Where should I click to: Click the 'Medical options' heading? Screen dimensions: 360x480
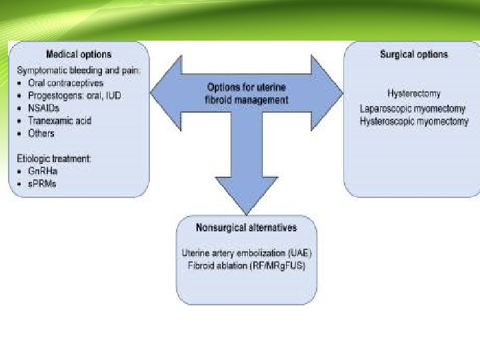[x=79, y=54]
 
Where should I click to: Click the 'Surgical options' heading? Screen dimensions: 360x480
[x=414, y=55]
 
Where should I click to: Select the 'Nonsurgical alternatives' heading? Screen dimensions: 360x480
[x=246, y=228]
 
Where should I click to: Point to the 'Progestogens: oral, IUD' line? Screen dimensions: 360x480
[x=79, y=96]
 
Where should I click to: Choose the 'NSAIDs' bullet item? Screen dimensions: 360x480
[x=45, y=109]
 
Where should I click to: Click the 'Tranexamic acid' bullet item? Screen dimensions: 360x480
[x=59, y=121]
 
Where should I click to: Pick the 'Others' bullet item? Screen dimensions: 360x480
[x=41, y=133]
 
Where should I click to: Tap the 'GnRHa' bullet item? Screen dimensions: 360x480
[x=43, y=171]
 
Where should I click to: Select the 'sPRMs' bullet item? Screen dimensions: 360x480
[x=43, y=184]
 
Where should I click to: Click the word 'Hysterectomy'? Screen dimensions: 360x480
[x=413, y=94]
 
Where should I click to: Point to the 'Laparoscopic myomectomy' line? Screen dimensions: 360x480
[x=413, y=108]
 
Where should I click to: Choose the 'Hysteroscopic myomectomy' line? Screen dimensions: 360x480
[x=413, y=121]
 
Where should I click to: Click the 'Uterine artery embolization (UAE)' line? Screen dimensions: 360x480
[x=247, y=253]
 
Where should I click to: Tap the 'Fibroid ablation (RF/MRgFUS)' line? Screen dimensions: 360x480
[x=247, y=266]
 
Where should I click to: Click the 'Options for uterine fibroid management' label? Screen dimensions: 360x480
[x=247, y=93]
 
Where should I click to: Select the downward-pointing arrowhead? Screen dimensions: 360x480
[x=246, y=200]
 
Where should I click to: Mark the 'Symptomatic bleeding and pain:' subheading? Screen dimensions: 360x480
[x=79, y=71]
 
